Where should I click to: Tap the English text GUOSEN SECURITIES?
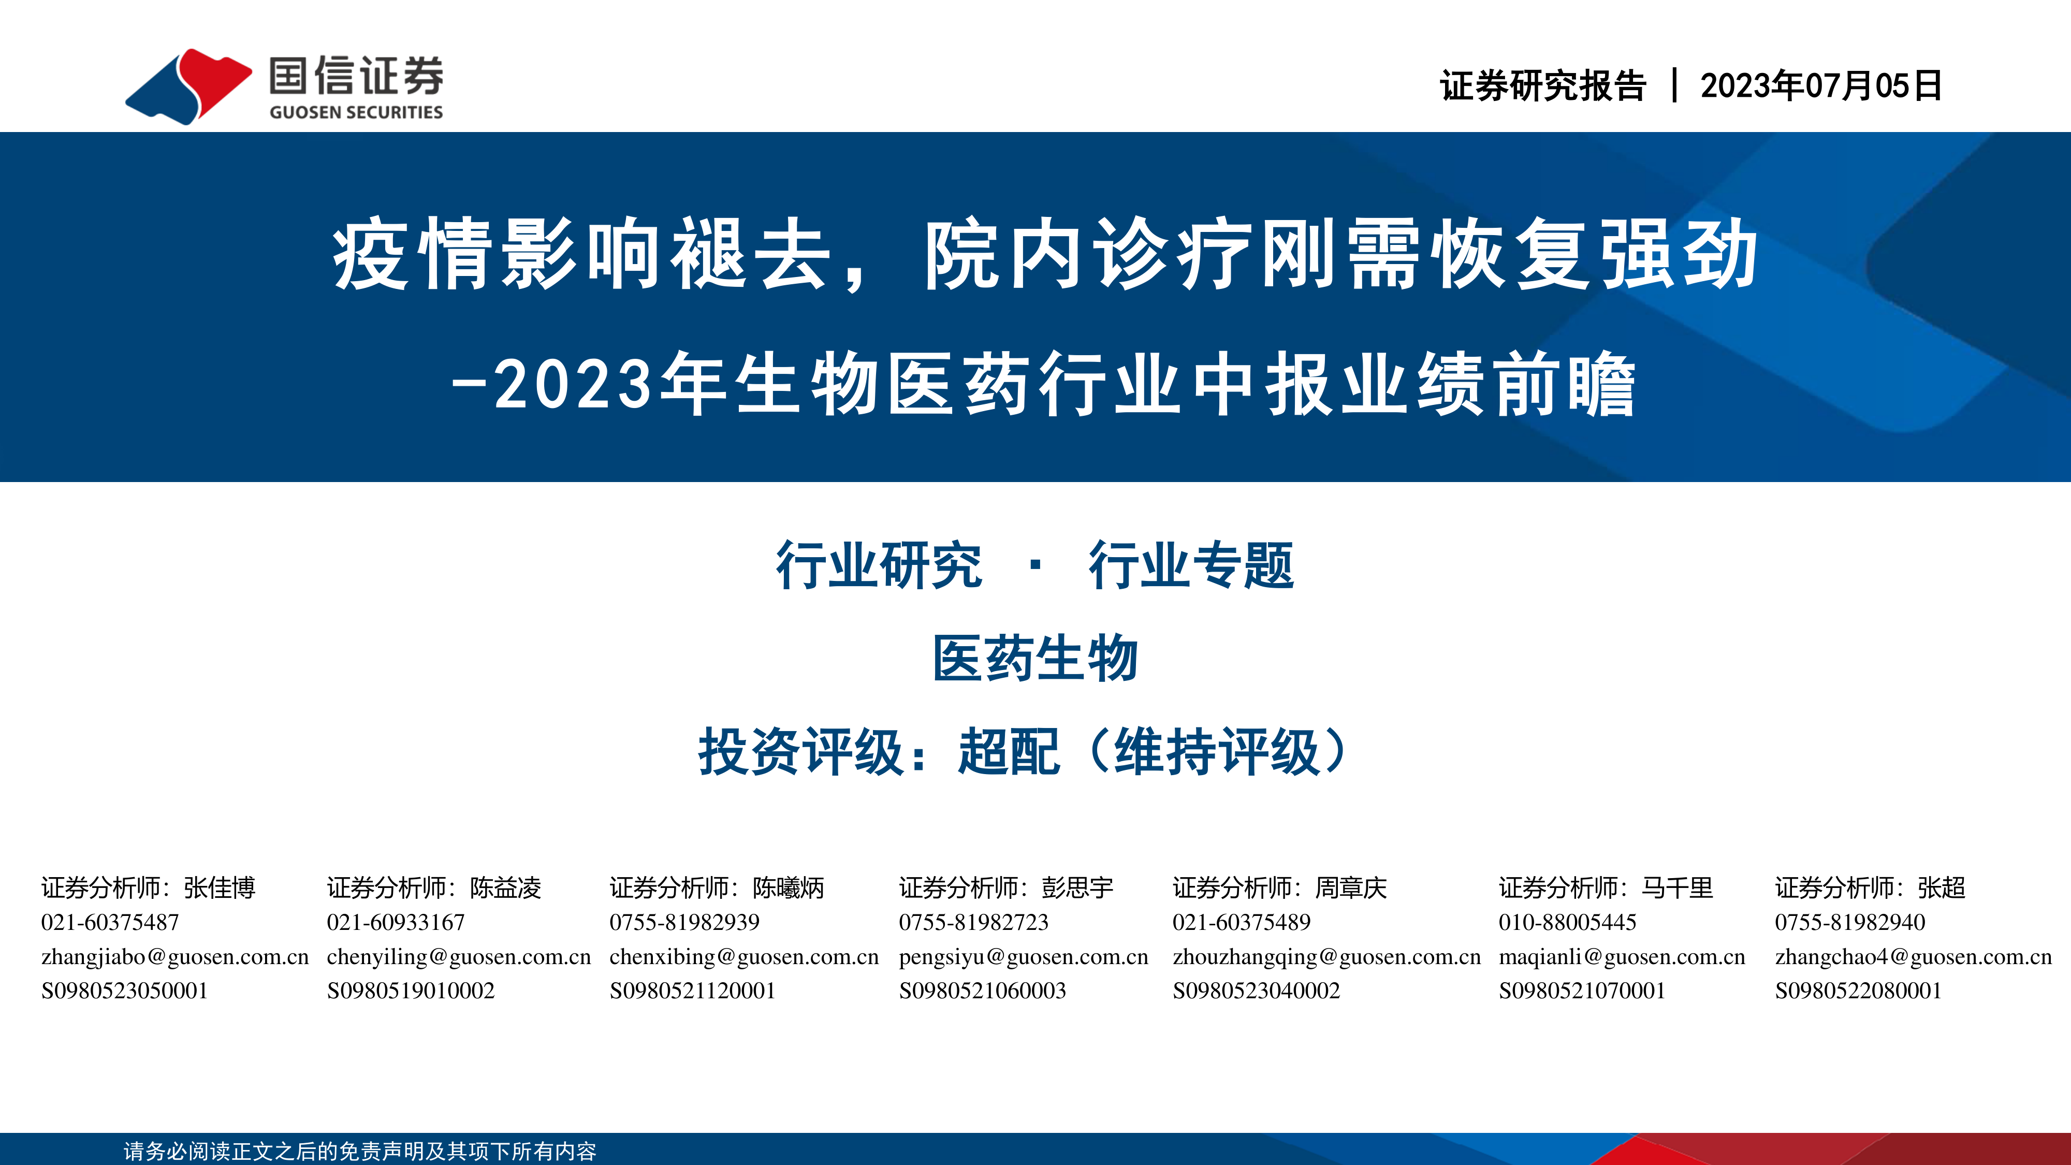pos(356,112)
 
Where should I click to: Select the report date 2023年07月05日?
pos(1821,85)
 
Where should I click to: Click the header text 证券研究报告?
pos(1543,85)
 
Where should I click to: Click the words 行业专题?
pos(1191,565)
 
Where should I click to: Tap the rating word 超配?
pos(1009,752)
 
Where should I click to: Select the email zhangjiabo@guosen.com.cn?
pos(176,957)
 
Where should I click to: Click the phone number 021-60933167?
pos(396,922)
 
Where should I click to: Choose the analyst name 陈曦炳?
pos(789,887)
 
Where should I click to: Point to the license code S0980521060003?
pos(983,991)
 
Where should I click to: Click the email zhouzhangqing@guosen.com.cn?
pos(1326,957)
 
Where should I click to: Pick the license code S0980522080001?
pos(1859,991)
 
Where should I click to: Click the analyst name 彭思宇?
pos(1078,887)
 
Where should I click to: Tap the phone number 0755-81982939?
pos(684,922)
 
